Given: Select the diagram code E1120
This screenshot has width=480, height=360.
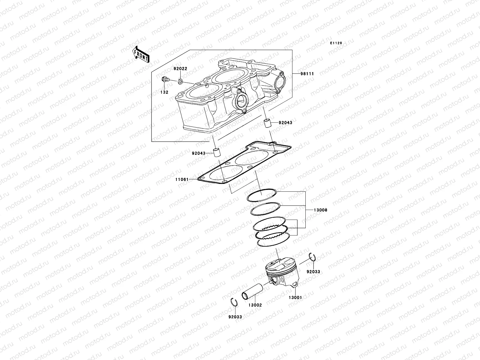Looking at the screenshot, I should [x=336, y=43].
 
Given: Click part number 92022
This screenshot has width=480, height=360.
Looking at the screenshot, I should [x=180, y=69].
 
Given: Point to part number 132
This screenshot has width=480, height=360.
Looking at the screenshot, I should [x=164, y=92].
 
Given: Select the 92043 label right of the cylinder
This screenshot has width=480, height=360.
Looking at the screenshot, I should [x=285, y=123].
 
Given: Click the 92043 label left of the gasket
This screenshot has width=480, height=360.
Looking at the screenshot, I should [x=199, y=153].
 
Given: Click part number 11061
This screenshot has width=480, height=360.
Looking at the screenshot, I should [x=182, y=179].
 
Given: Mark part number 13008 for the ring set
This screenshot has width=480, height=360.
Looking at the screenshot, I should [x=320, y=210].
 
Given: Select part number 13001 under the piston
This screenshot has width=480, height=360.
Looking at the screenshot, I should [x=295, y=298].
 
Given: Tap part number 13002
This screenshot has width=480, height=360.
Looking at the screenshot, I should [x=255, y=305].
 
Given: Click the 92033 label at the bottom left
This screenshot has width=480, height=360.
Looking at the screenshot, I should [x=235, y=317].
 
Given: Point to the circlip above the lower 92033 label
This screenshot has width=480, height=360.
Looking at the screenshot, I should [x=234, y=302].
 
